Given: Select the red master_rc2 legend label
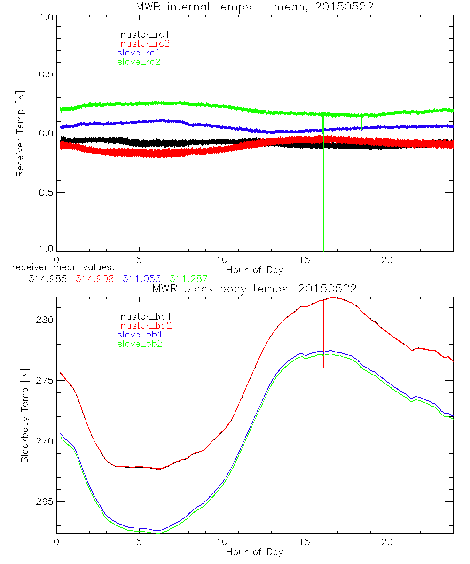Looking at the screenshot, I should (143, 43).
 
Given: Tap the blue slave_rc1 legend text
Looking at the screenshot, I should (139, 52).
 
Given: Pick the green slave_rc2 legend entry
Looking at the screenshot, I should (139, 62).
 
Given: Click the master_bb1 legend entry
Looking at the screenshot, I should (141, 316).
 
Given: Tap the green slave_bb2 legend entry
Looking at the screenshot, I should (139, 344).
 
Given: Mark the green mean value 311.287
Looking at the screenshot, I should (188, 279).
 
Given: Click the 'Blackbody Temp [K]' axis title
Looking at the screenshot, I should (24, 416).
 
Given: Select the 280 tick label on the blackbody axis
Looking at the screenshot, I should (45, 320).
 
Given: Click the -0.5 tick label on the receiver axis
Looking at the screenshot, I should (42, 192).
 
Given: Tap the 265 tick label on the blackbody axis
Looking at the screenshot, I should (45, 501).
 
